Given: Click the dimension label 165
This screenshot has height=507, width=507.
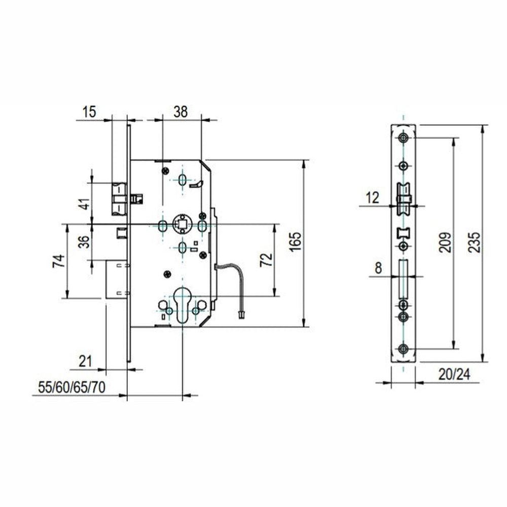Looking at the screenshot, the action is coord(295,241).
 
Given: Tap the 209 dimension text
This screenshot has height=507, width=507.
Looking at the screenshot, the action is coord(445,242).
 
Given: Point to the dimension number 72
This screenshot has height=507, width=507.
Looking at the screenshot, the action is coord(267,260).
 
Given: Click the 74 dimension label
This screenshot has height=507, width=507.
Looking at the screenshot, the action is coord(59,261).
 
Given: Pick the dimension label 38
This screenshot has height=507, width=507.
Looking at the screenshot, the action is coord(180,112).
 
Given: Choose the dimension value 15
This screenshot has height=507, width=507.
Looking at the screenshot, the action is coord(89,112).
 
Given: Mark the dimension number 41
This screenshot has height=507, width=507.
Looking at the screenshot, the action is coord(85,204).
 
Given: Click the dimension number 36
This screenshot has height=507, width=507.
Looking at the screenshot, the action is coord(84,241).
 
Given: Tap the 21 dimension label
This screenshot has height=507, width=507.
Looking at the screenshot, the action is coord(85,361).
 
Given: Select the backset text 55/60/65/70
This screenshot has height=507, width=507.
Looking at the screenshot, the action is coord(72,387).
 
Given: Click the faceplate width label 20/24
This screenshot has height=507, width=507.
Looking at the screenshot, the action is coord(454,375).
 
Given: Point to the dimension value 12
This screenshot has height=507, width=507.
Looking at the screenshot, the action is coord(372,198).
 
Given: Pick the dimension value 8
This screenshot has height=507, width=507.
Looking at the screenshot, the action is coord(378,268).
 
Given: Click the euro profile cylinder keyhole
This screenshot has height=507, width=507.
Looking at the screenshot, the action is coord(182,304).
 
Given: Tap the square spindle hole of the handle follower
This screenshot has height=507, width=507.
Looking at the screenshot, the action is coord(182,224).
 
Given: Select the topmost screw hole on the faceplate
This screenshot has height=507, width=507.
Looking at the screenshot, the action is coord(403,138).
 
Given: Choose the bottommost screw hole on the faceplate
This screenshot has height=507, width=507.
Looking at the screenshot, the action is coord(403,349).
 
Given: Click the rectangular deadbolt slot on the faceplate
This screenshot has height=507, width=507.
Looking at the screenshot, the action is coord(403,279).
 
